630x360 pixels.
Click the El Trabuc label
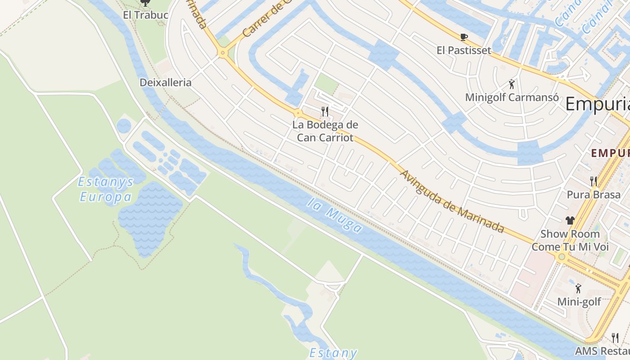145,15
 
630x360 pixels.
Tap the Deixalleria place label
165,83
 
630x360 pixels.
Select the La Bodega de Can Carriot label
325,131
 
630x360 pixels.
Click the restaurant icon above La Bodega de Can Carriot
325,111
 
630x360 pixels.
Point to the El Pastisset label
463,50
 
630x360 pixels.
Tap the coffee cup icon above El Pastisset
463,37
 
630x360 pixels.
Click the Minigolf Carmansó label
512,97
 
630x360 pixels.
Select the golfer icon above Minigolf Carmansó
512,84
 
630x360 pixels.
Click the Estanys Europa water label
106,189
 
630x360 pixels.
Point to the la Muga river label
336,216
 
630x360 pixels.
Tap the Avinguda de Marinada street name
451,201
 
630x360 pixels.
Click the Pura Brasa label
593,195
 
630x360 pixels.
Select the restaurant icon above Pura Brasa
593,181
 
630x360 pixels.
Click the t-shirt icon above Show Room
570,220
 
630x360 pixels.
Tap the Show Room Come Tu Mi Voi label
570,240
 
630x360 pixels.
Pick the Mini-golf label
579,301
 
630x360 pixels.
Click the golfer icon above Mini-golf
578,288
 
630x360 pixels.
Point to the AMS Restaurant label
602,351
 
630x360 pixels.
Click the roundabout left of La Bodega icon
298,112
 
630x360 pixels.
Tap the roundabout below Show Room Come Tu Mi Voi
561,257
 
